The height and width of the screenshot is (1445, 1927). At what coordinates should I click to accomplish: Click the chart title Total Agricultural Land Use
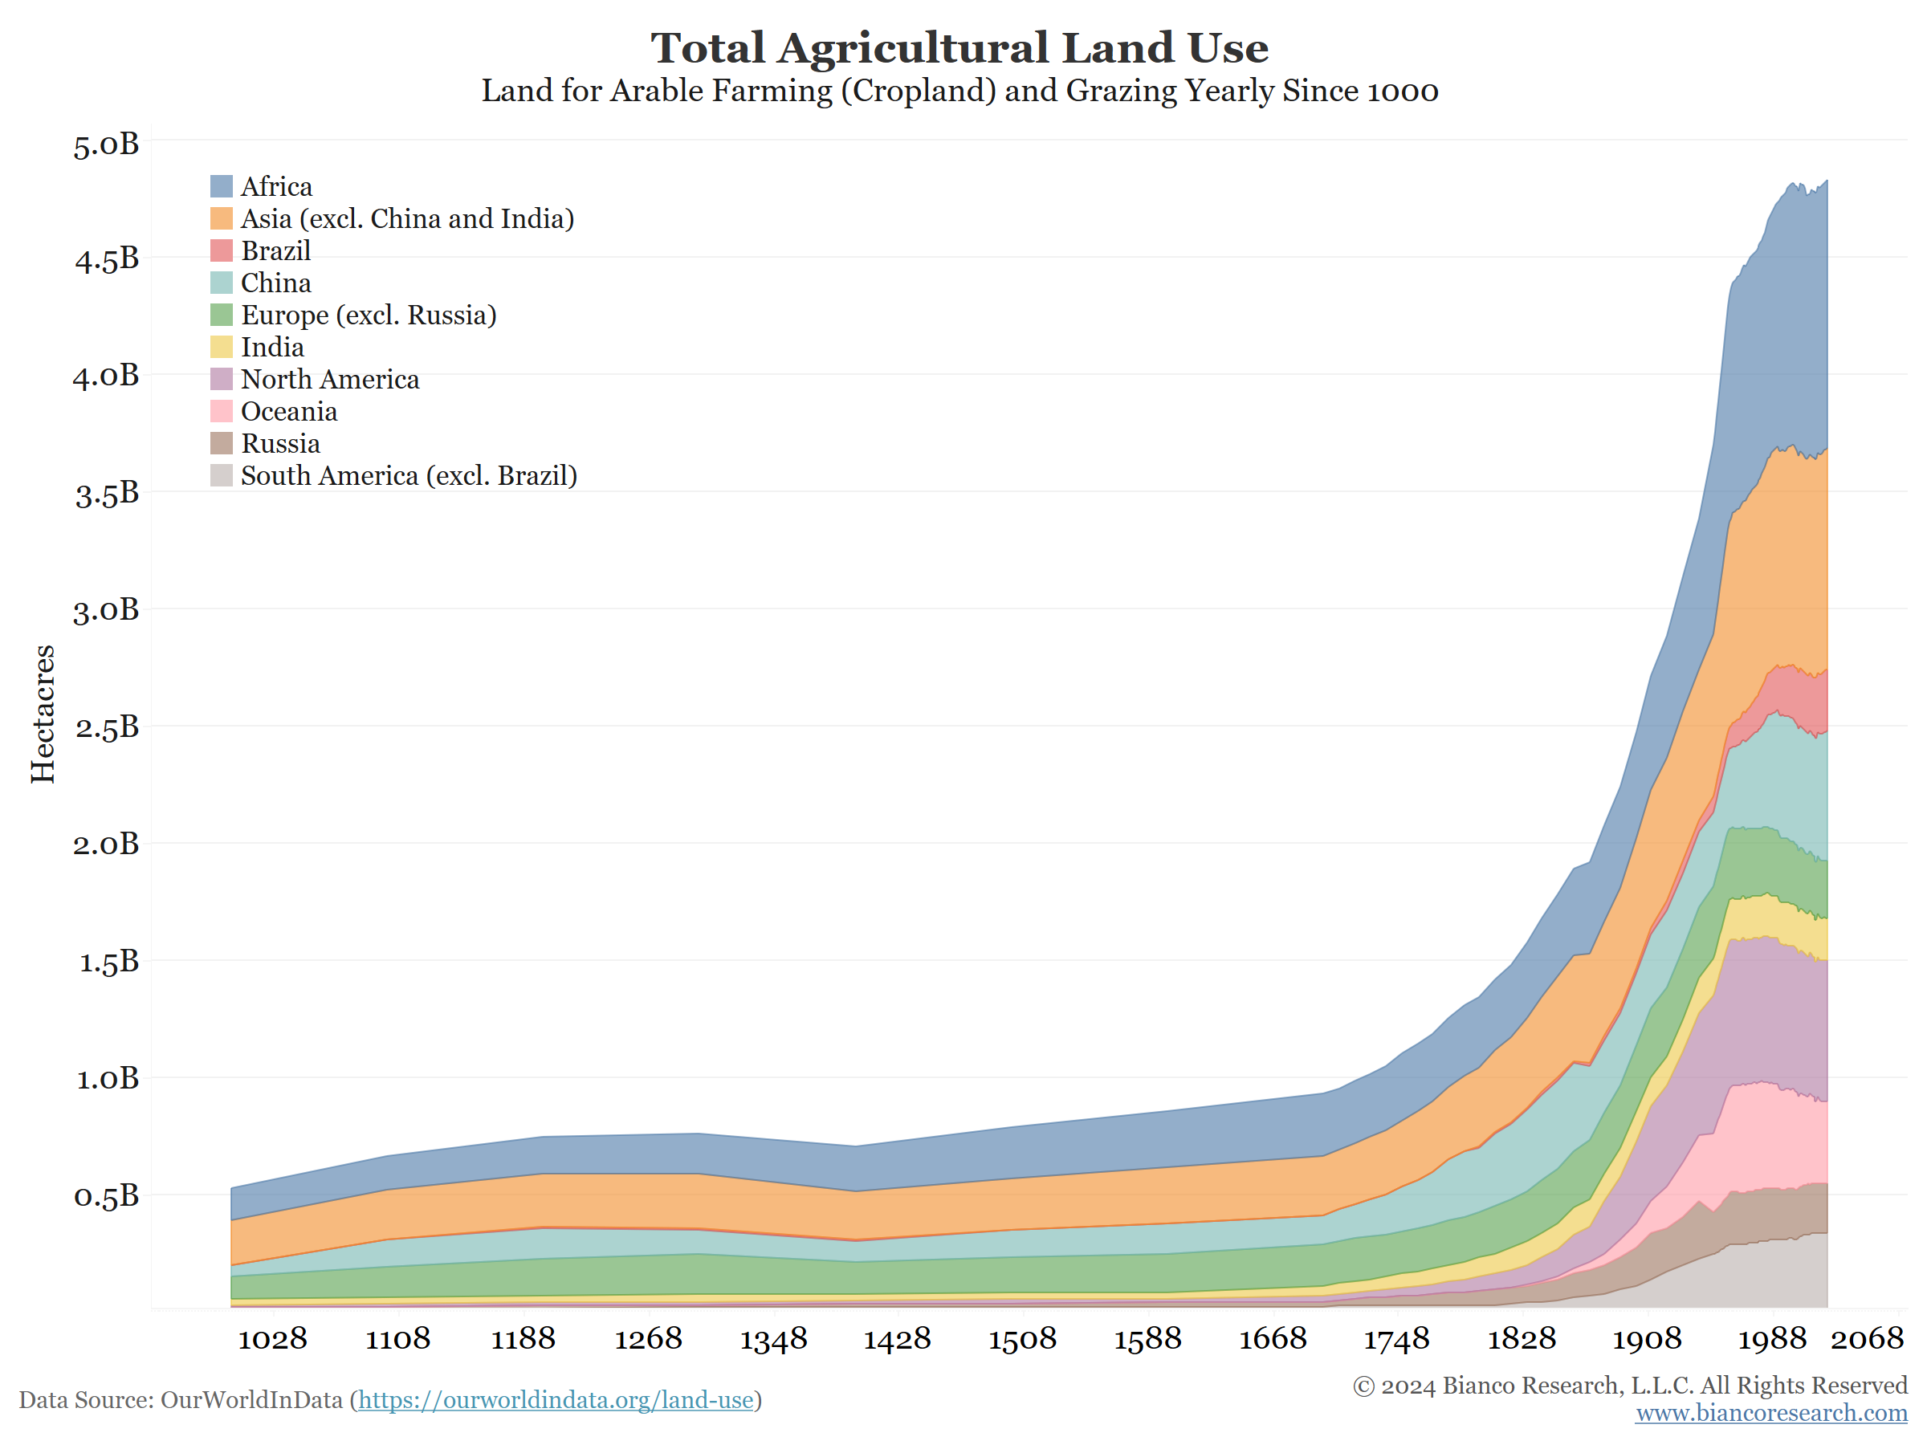click(x=959, y=48)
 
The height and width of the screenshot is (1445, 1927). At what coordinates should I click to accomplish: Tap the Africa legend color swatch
click(x=222, y=186)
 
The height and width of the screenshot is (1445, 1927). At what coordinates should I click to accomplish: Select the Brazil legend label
click(x=275, y=250)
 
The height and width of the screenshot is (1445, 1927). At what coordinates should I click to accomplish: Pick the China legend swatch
click(x=222, y=283)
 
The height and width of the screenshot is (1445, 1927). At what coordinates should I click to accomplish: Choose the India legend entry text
click(x=273, y=348)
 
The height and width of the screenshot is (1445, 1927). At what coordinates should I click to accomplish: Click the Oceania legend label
click(x=289, y=412)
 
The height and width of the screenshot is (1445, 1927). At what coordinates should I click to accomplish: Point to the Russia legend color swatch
click(x=222, y=443)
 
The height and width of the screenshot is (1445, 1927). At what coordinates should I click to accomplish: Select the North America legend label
click(x=330, y=380)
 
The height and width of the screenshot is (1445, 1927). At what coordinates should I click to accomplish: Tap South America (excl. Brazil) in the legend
click(x=409, y=476)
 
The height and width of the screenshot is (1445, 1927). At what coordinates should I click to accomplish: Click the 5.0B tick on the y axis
click(x=106, y=144)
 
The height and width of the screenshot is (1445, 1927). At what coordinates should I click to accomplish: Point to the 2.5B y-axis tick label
click(x=106, y=727)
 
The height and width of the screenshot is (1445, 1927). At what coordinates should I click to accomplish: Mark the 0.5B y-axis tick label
click(x=106, y=1196)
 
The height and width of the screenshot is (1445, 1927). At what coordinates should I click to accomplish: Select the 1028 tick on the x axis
click(x=273, y=1339)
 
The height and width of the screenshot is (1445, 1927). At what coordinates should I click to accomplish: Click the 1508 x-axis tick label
click(x=1023, y=1339)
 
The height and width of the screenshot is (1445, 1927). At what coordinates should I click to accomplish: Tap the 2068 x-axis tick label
click(x=1867, y=1339)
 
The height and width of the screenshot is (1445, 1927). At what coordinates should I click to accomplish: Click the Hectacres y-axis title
click(x=43, y=714)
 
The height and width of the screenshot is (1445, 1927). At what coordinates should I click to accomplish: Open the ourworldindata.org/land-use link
click(x=556, y=1401)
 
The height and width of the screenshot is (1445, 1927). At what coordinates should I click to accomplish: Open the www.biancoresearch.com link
click(x=1771, y=1413)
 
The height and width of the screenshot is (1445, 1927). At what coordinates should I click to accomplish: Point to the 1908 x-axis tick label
click(x=1648, y=1339)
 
